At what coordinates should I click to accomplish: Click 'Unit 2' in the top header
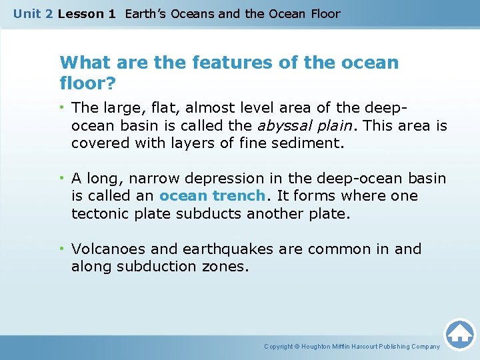pos(33,14)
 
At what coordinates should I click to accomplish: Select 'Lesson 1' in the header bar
pos(87,14)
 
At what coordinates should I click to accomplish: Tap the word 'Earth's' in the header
pos(146,14)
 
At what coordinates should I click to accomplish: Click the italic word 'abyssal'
pos(274,125)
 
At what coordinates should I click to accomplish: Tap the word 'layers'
pos(161,143)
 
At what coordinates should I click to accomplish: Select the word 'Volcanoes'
pos(109,249)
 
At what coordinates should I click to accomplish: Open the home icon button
pos(459,333)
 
